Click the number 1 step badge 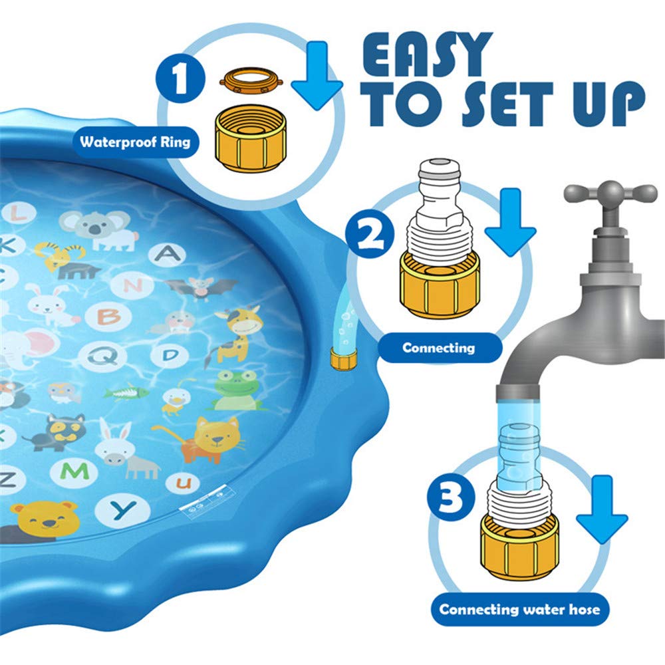pos(179,80)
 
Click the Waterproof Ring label pos(135,142)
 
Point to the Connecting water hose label pos(519,609)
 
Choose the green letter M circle pos(78,471)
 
